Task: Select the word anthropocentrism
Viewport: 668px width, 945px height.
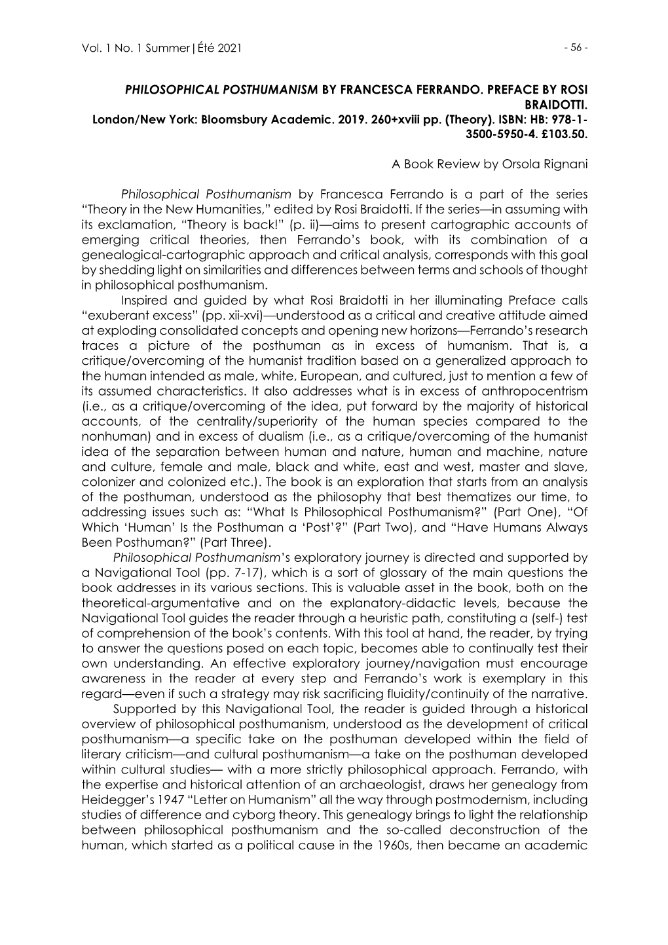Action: coord(530,391)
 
